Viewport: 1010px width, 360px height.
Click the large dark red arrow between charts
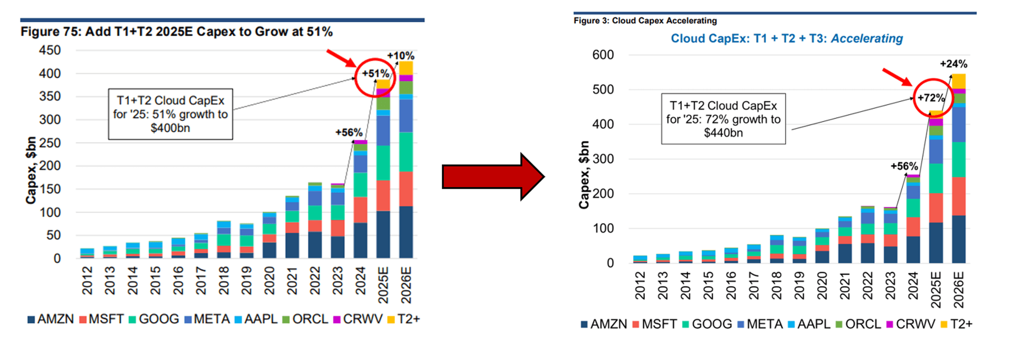(492, 177)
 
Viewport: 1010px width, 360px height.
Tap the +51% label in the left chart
(375, 74)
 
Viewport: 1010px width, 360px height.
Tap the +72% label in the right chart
(931, 98)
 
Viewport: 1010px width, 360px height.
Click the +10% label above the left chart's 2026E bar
(400, 56)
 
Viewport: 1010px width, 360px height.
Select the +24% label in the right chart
(953, 64)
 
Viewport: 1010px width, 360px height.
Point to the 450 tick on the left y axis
(50, 50)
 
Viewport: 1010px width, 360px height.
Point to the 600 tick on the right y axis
(603, 55)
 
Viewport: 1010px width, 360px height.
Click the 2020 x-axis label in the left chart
(269, 281)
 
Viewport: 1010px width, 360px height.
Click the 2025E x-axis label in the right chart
(936, 289)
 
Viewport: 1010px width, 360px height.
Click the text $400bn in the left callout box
(170, 128)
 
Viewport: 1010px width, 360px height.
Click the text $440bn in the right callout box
(723, 133)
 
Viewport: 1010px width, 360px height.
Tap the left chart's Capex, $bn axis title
(31, 170)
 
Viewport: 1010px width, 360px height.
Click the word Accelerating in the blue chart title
(867, 39)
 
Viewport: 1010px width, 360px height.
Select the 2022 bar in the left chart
(315, 221)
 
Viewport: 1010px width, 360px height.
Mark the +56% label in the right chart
(904, 167)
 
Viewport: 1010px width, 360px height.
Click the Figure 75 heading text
(176, 32)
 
